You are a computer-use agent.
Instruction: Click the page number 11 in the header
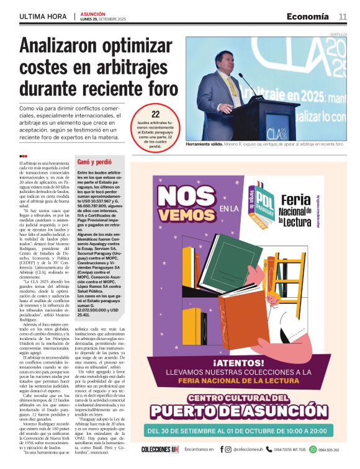pos(343,17)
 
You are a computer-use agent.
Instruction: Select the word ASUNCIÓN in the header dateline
pos(92,14)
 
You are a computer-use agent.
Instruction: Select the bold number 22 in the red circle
pos(156,114)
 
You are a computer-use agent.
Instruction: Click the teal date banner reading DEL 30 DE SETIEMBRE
pos(244,431)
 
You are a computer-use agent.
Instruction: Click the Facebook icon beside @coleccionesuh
pos(220,449)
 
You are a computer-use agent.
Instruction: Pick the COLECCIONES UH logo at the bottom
pos(160,449)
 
